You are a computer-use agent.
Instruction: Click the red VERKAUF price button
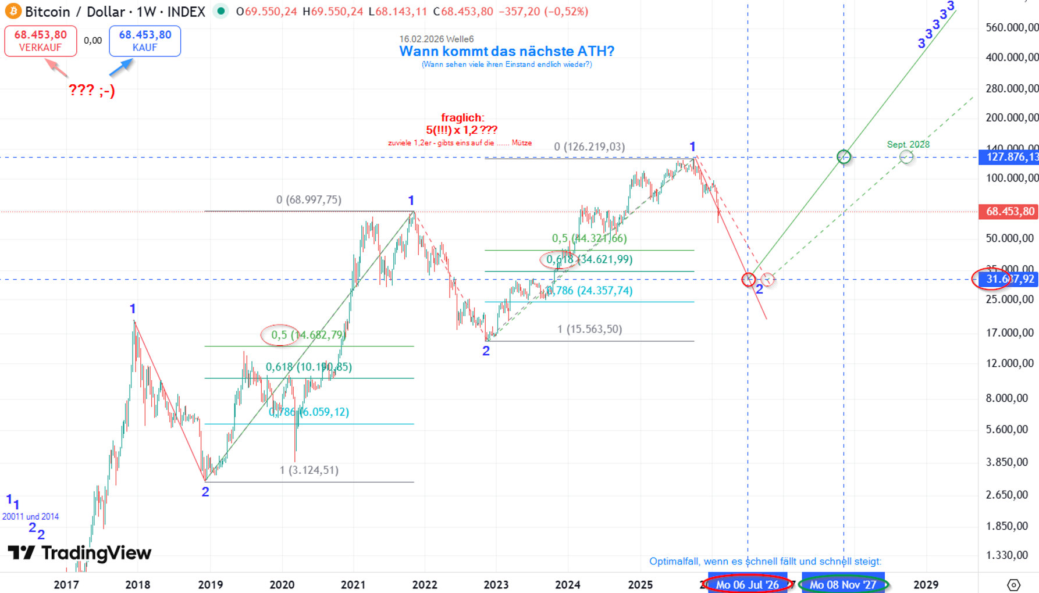click(41, 41)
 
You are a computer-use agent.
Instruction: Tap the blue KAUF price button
click(145, 41)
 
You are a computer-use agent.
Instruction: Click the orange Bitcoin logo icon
click(13, 11)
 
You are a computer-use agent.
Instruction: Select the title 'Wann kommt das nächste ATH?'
click(507, 51)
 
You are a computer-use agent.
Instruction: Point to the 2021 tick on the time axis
click(353, 584)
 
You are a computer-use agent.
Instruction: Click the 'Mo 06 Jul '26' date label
click(748, 584)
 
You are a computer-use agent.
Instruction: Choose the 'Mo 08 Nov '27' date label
click(843, 584)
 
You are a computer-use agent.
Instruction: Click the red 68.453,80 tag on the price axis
click(1009, 212)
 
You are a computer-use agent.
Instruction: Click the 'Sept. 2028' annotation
click(908, 144)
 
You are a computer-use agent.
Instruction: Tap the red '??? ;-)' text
click(92, 90)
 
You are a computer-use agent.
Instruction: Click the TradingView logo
click(80, 552)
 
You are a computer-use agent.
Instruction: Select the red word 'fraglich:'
click(462, 117)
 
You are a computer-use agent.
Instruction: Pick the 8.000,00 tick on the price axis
click(1010, 398)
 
